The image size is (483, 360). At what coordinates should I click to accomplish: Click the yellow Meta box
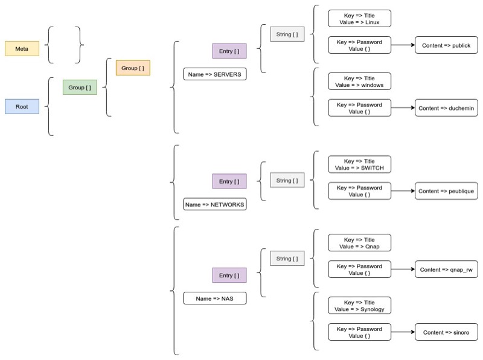click(x=22, y=48)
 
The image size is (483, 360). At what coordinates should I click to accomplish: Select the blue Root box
click(x=22, y=106)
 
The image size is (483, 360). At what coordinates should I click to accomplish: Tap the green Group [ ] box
click(x=80, y=88)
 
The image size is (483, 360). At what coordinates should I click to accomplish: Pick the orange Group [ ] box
click(x=132, y=68)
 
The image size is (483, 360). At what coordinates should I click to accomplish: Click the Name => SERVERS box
click(x=215, y=74)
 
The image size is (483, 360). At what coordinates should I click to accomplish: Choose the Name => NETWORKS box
click(x=215, y=205)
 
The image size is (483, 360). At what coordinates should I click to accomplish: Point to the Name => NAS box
click(x=215, y=298)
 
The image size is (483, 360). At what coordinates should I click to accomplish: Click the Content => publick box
click(x=446, y=45)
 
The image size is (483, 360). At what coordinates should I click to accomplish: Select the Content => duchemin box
click(x=446, y=108)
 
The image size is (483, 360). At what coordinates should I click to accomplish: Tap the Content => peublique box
click(x=446, y=191)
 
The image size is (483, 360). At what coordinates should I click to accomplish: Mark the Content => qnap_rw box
click(x=446, y=269)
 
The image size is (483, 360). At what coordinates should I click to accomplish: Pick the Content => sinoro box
click(x=446, y=332)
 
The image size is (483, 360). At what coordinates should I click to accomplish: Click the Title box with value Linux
click(x=359, y=18)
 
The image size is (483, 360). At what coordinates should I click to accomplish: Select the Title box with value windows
click(x=359, y=82)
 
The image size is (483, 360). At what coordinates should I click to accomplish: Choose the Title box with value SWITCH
click(x=359, y=164)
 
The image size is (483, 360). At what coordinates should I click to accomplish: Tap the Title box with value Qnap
click(x=359, y=243)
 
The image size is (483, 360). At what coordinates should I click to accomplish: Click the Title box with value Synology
click(x=359, y=306)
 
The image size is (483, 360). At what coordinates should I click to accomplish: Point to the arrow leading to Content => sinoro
click(x=403, y=332)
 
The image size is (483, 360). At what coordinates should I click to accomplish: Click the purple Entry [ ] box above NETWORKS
click(x=229, y=181)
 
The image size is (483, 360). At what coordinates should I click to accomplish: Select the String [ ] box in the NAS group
click(x=287, y=259)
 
